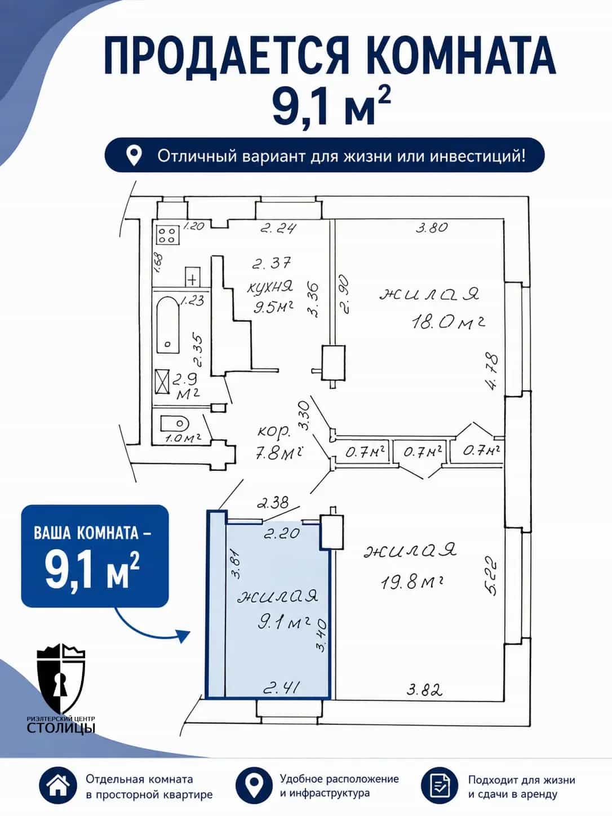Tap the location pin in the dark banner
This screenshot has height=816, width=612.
(x=134, y=155)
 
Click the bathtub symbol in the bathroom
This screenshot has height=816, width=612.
(x=168, y=325)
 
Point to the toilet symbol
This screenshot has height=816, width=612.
(x=175, y=423)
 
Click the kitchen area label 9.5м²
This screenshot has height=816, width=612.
(x=273, y=307)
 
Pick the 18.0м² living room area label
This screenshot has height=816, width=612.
(x=448, y=323)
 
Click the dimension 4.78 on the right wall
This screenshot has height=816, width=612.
(x=493, y=371)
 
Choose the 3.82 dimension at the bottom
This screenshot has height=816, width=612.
(x=424, y=690)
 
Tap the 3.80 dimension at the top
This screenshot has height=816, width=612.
(x=432, y=227)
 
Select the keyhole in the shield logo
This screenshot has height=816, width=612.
(x=60, y=685)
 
